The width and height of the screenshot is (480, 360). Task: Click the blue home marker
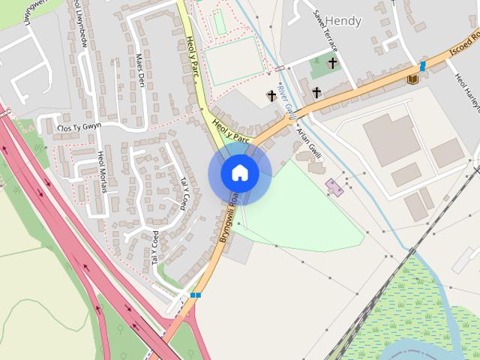239,173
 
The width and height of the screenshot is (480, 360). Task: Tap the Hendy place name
343,21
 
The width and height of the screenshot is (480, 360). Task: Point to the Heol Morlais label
102,171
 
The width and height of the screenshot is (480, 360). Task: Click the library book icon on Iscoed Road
412,78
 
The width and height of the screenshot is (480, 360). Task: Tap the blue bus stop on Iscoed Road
422,66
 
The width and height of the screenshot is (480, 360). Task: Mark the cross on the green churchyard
331,64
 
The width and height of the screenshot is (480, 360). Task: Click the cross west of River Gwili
271,95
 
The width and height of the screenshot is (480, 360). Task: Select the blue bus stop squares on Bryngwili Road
195,295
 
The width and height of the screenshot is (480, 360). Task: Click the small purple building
334,187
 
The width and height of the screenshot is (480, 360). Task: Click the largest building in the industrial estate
391,139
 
